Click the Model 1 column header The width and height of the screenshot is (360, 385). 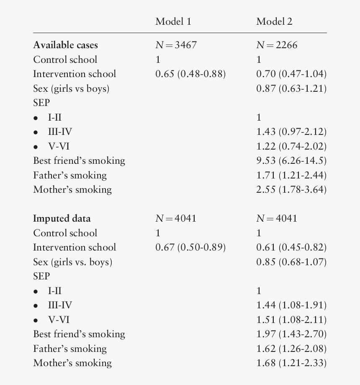pos(173,22)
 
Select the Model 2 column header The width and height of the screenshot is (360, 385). pos(274,22)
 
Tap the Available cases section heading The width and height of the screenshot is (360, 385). pos(65,45)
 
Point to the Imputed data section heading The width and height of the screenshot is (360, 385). pos(62,219)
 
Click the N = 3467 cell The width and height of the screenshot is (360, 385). pos(176,45)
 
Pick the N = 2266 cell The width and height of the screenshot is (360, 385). pos(277,45)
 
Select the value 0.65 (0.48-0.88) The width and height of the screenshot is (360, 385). pos(190,74)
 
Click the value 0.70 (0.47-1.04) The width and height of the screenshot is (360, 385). pos(291,74)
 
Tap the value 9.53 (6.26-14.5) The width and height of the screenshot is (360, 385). pos(291,161)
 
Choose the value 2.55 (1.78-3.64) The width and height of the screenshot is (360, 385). pos(291,190)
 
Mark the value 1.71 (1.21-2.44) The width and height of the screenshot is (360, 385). pos(291,176)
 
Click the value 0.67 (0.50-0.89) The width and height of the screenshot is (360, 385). pos(190,248)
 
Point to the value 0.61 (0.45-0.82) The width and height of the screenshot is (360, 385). pos(291,248)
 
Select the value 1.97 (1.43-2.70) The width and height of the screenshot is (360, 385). pos(291,334)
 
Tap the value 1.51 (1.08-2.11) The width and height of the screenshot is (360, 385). pos(291,320)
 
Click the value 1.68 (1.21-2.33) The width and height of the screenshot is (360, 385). pos(291,363)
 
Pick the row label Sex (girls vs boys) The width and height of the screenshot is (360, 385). pos(71,89)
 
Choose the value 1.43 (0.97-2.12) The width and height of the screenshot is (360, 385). pos(291,132)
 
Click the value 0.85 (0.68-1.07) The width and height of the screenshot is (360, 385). pos(291,262)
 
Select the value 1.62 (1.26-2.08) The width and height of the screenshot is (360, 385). pos(291,349)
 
